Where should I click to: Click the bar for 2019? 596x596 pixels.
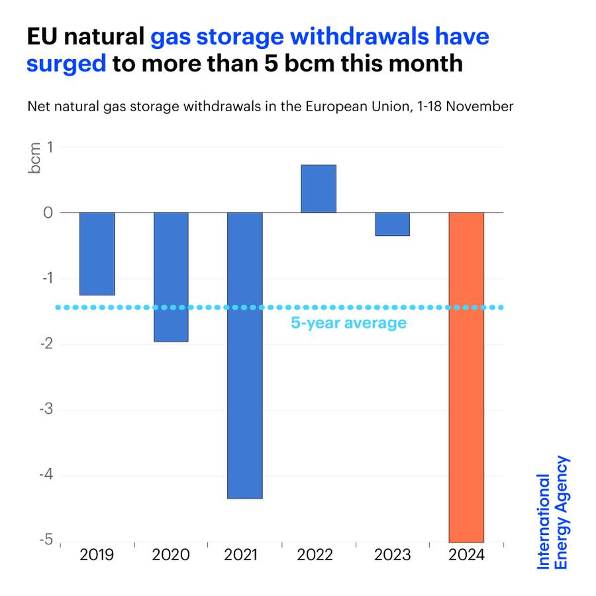click(x=97, y=254)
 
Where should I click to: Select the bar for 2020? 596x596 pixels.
click(x=172, y=277)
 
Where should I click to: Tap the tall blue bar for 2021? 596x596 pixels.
click(x=245, y=355)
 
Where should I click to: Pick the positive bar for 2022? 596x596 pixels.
click(x=319, y=189)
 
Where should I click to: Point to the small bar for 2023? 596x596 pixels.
click(x=393, y=224)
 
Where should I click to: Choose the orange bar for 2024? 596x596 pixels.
click(x=466, y=377)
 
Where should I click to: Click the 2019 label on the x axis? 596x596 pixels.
click(x=97, y=555)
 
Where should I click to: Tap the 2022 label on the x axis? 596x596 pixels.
click(x=319, y=555)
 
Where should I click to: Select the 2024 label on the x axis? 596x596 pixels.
click(x=466, y=555)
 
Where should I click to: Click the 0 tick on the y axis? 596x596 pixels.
click(x=48, y=213)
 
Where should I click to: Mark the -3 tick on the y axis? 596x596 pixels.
click(x=46, y=409)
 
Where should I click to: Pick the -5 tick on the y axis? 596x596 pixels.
click(x=46, y=540)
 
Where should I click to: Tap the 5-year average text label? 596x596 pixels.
click(x=348, y=323)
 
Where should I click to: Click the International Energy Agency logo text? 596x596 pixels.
click(x=552, y=513)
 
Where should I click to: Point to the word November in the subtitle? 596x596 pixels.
click(x=483, y=106)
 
